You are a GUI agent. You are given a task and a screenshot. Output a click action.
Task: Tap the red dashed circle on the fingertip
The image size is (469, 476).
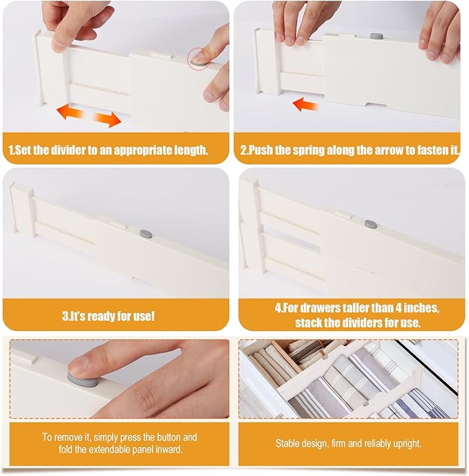pos(198,56)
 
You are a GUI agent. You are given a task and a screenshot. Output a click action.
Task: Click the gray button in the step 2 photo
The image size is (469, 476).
pos(376,35)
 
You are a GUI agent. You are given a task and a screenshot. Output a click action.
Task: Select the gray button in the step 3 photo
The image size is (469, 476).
pos(144,234)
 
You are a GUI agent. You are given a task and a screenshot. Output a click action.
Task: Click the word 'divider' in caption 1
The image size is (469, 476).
pos(73,150)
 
